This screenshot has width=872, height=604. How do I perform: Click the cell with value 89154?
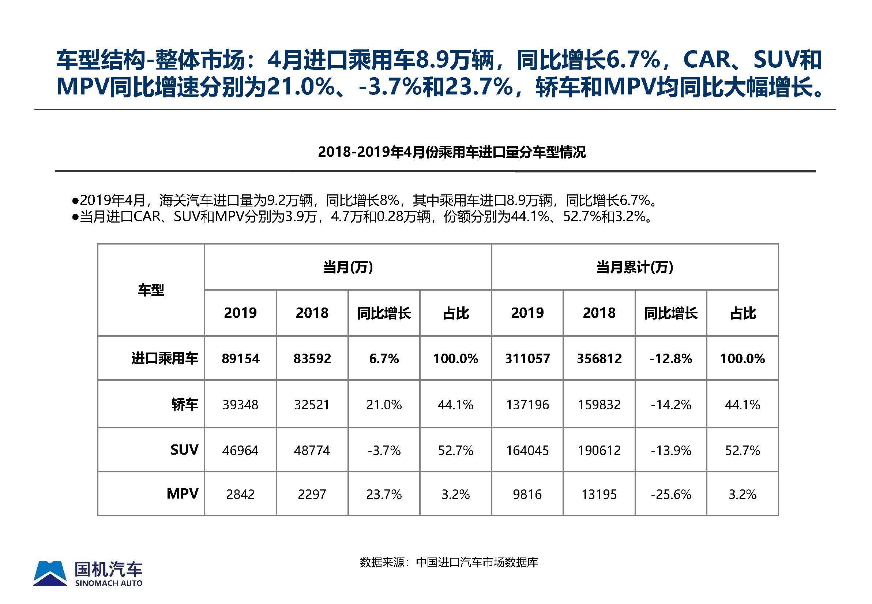tap(241, 358)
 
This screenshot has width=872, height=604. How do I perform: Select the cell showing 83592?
tap(312, 358)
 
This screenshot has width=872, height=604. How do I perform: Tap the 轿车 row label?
tap(185, 404)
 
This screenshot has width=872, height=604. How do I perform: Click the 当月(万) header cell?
tap(348, 267)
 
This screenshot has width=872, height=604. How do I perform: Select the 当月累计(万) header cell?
tap(635, 267)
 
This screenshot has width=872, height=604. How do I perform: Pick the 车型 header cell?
tap(151, 290)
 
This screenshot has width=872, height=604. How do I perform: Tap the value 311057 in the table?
tap(527, 358)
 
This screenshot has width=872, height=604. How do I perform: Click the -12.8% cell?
tap(671, 358)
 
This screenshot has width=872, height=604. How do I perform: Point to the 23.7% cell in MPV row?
tap(384, 494)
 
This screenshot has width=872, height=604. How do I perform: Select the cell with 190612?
tap(599, 450)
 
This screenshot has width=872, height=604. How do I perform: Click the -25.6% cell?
tap(671, 494)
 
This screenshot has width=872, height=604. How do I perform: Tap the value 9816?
tap(527, 494)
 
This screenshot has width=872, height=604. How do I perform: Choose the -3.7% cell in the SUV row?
tap(384, 450)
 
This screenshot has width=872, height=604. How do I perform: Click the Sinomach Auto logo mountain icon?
tap(50, 573)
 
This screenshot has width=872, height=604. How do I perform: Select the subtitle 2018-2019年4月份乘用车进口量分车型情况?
tap(451, 152)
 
